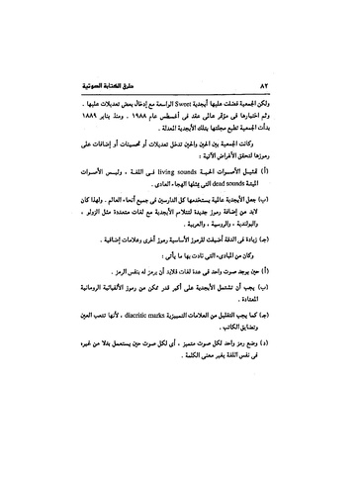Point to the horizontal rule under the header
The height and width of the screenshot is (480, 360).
(x=179, y=95)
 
